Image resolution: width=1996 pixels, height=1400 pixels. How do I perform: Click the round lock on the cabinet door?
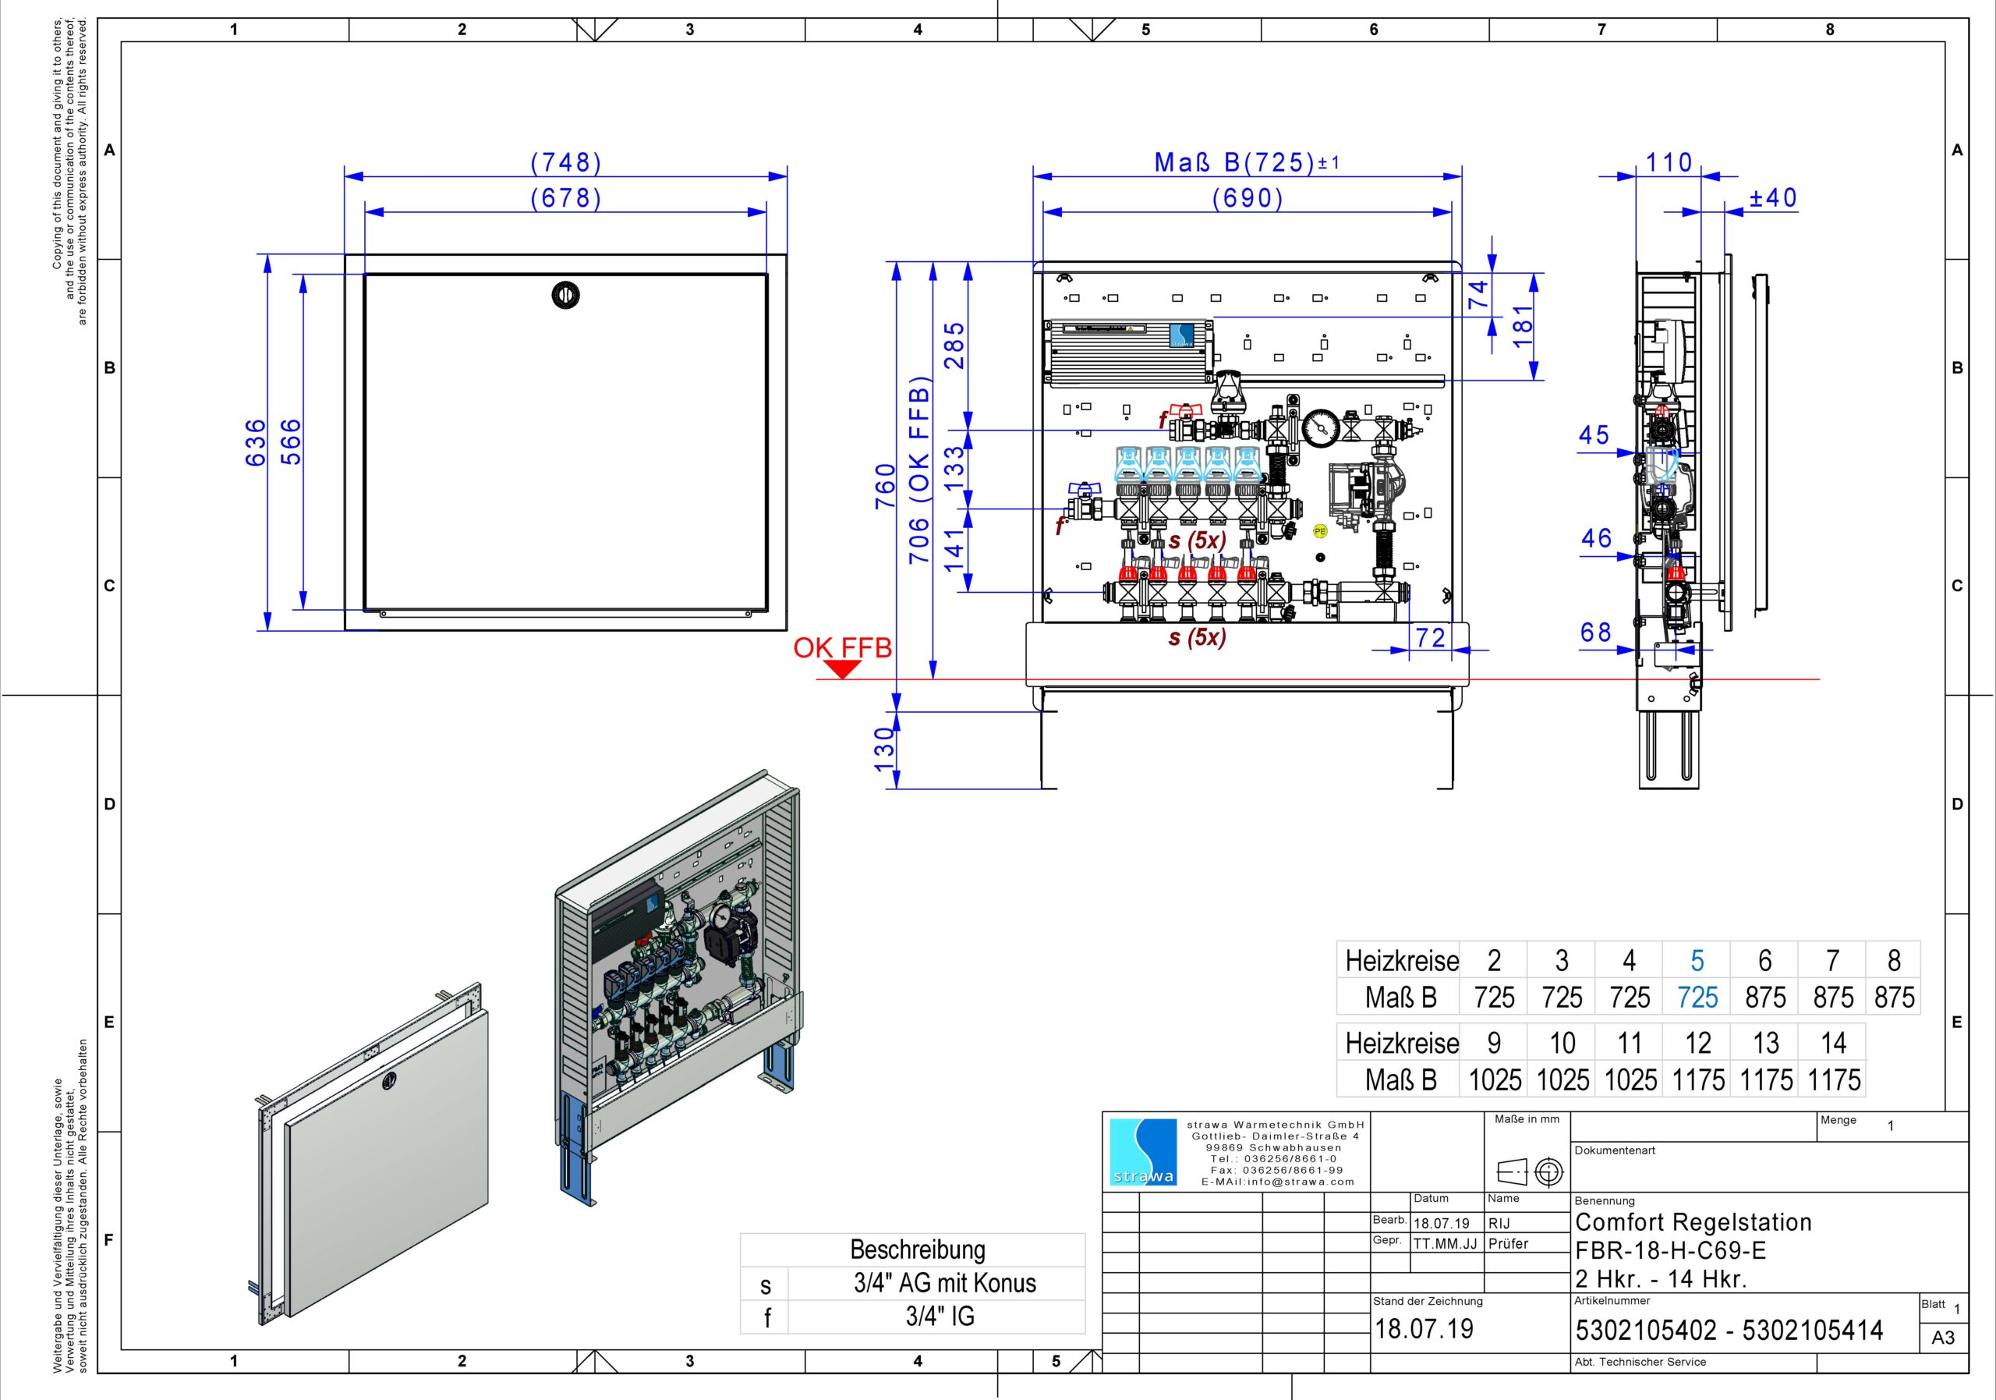tap(566, 296)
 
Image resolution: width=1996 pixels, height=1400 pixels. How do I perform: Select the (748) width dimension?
tap(566, 162)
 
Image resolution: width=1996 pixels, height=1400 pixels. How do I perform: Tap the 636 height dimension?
tap(256, 442)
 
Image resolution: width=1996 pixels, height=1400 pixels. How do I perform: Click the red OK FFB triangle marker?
tap(841, 668)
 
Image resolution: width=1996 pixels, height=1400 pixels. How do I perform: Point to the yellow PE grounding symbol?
tap(1320, 530)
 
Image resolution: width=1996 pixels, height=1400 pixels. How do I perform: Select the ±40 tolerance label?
tap(1772, 198)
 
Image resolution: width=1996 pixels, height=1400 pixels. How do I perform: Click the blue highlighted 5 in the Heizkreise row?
tap(1697, 960)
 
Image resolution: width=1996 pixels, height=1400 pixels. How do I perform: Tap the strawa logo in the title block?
tap(1143, 1152)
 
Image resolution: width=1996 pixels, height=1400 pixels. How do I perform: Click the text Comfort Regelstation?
tap(1693, 1221)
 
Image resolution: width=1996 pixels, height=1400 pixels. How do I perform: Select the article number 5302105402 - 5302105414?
tap(1729, 1331)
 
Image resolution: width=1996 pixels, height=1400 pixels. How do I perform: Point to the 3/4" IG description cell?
tap(939, 1317)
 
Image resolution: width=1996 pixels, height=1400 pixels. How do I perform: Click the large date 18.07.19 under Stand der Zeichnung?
tap(1424, 1329)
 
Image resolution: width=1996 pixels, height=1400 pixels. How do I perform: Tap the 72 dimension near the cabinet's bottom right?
tap(1430, 637)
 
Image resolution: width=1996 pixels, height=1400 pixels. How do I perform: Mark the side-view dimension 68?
tap(1595, 633)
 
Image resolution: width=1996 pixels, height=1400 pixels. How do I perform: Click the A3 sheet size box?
tap(1943, 1338)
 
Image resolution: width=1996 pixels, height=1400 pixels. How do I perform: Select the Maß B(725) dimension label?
tap(1234, 162)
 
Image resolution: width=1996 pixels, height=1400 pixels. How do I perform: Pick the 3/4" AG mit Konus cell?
tap(944, 1284)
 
